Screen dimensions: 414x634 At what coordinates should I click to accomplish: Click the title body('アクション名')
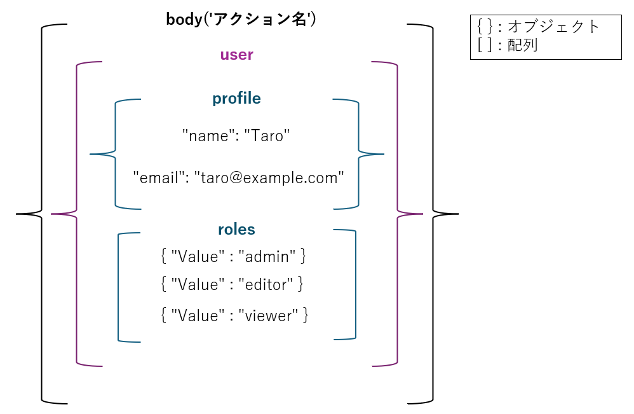click(x=241, y=20)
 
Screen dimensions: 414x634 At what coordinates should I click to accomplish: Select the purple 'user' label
click(x=236, y=55)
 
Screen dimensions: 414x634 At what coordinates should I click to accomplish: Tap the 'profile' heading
click(x=236, y=99)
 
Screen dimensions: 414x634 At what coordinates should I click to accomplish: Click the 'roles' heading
click(x=236, y=230)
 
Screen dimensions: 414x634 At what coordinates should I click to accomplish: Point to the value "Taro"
click(x=267, y=135)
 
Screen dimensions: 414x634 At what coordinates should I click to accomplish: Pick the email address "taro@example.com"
click(x=269, y=178)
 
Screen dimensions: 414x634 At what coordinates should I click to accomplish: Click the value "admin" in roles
click(x=267, y=256)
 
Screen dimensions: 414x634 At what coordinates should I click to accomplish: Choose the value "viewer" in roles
click(x=268, y=315)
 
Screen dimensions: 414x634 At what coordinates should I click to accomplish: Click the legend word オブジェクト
click(x=553, y=27)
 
